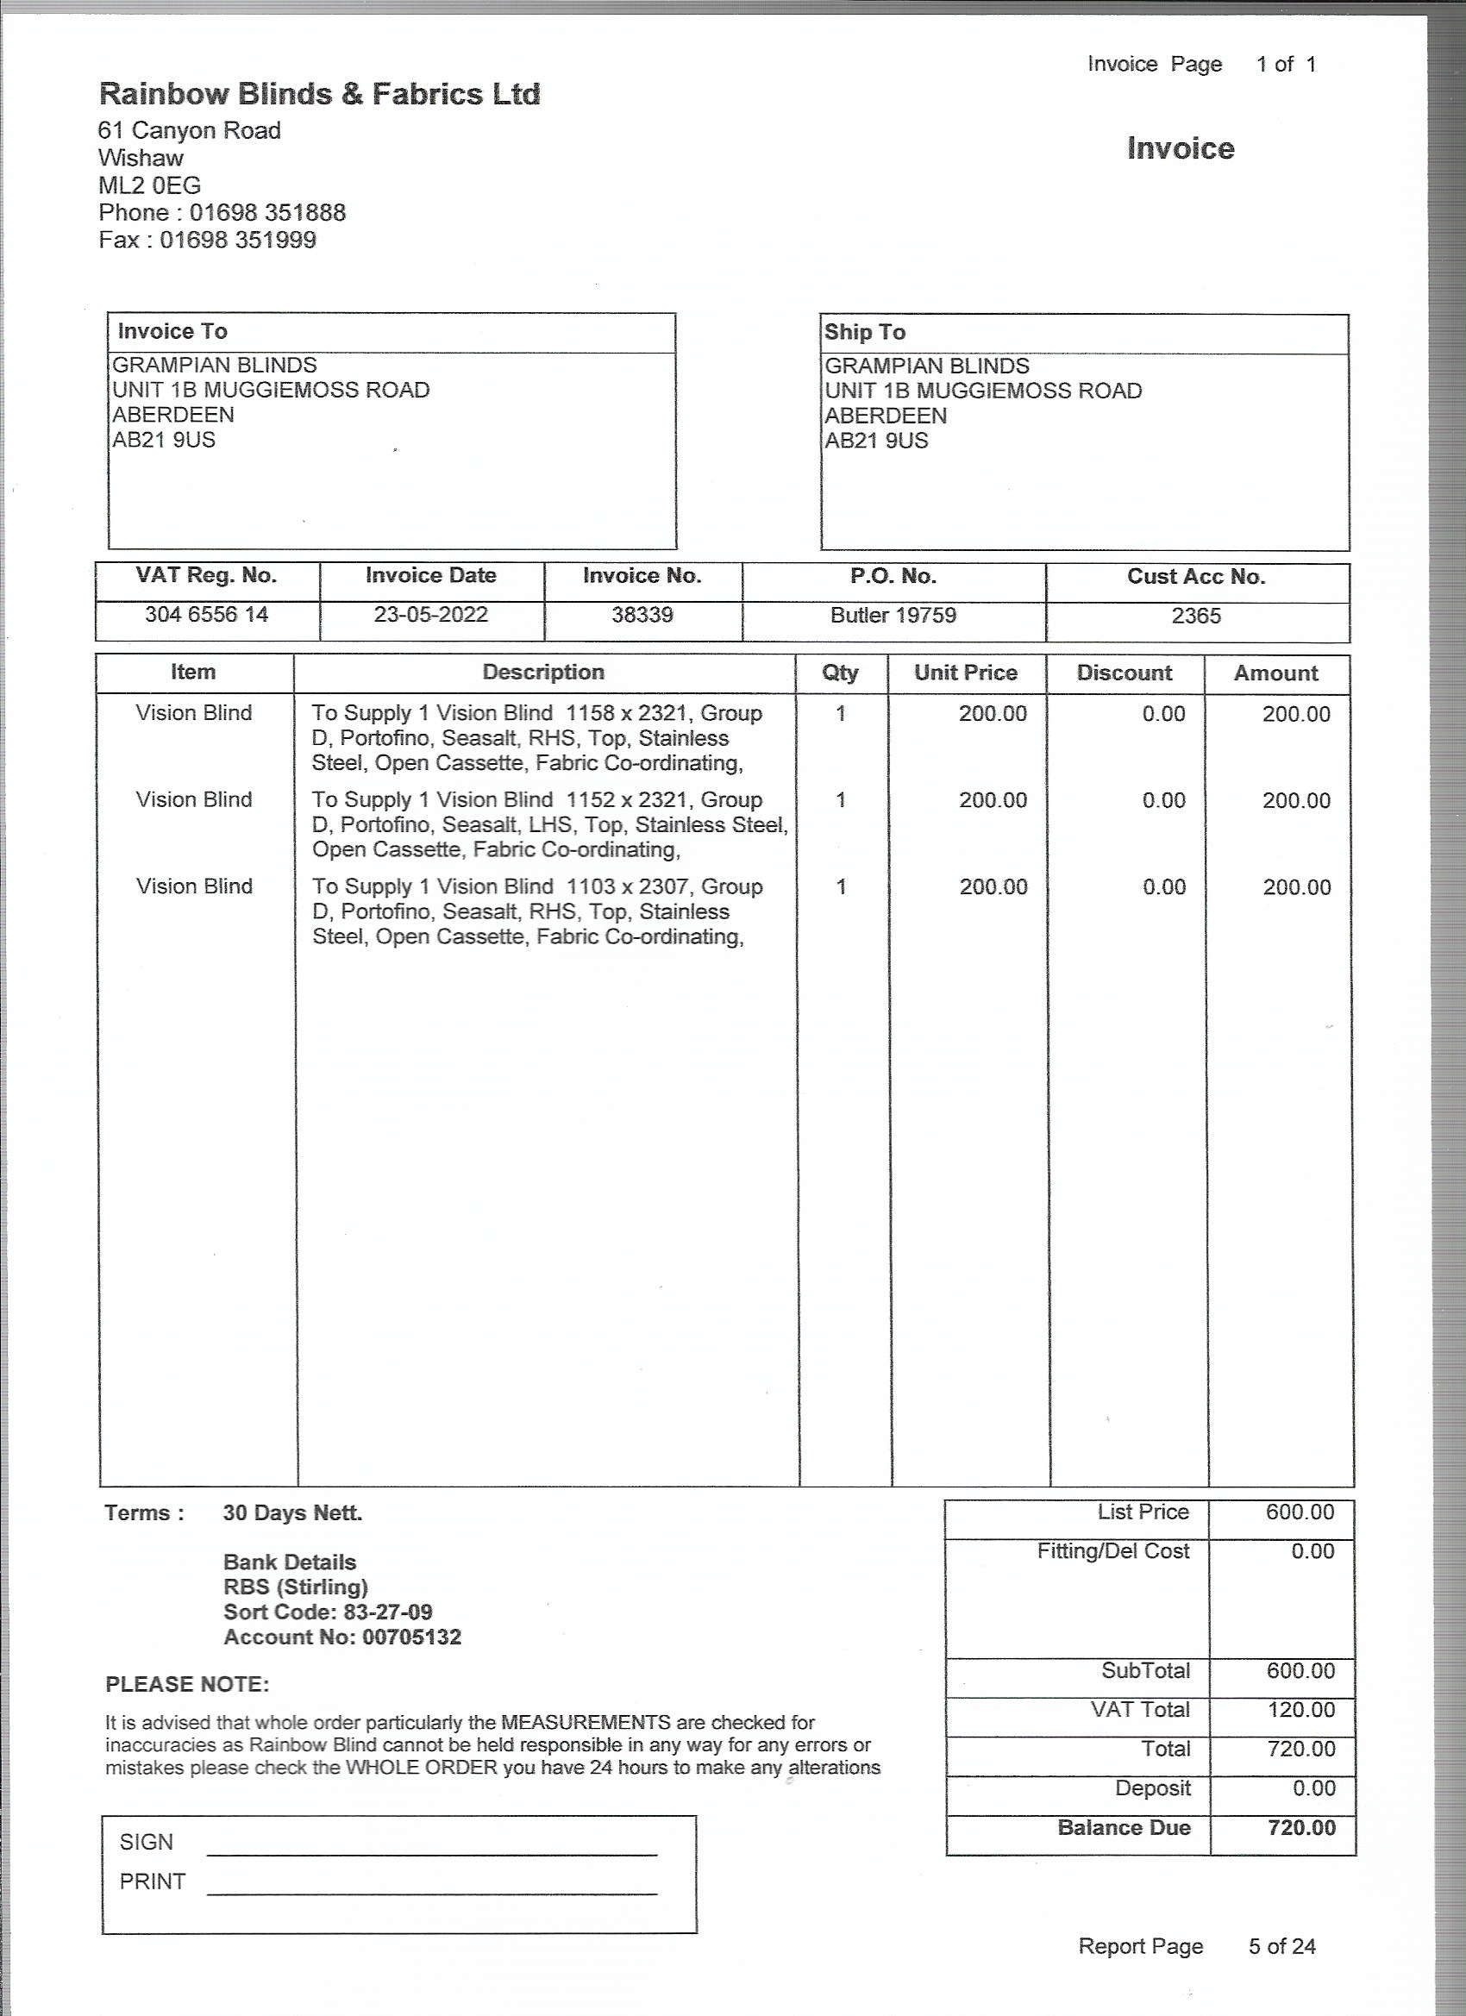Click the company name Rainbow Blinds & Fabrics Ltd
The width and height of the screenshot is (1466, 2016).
point(319,94)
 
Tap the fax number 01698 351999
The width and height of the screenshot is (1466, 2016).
point(237,240)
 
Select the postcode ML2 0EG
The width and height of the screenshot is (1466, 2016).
point(149,185)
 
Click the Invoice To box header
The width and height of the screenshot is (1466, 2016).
point(172,332)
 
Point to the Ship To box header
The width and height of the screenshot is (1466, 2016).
point(864,333)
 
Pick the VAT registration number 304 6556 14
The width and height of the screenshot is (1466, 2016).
point(206,614)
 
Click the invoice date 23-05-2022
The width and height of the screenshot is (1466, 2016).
point(430,614)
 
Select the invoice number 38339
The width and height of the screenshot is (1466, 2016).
point(642,615)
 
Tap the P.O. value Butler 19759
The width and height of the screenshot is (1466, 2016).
point(893,615)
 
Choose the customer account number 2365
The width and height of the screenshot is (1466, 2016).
point(1196,616)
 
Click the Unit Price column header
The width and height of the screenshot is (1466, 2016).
point(966,673)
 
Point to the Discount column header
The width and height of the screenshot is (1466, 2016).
point(1124,673)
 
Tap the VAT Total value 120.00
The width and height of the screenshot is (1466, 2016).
point(1300,1709)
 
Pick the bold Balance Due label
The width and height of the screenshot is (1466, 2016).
point(1124,1827)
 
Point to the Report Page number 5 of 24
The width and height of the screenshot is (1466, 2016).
point(1281,1946)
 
